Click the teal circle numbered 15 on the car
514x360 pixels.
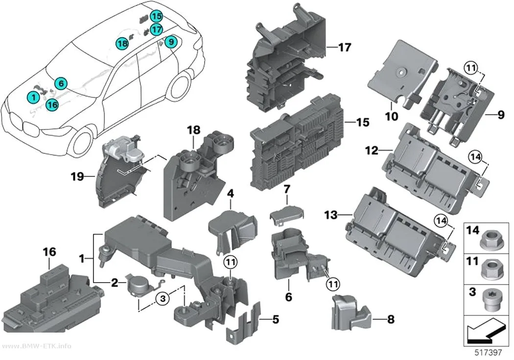click(x=157, y=16)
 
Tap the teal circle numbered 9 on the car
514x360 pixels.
click(x=171, y=42)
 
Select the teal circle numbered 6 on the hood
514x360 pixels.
click(x=61, y=84)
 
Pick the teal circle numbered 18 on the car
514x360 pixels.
click(x=122, y=44)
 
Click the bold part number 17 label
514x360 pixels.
click(x=344, y=48)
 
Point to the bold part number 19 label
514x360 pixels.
click(x=77, y=177)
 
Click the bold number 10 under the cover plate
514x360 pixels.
click(x=392, y=116)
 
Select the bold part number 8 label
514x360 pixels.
click(x=391, y=319)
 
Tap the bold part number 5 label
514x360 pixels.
click(x=275, y=319)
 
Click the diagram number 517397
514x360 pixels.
click(x=489, y=353)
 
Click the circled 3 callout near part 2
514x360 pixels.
click(x=163, y=298)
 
